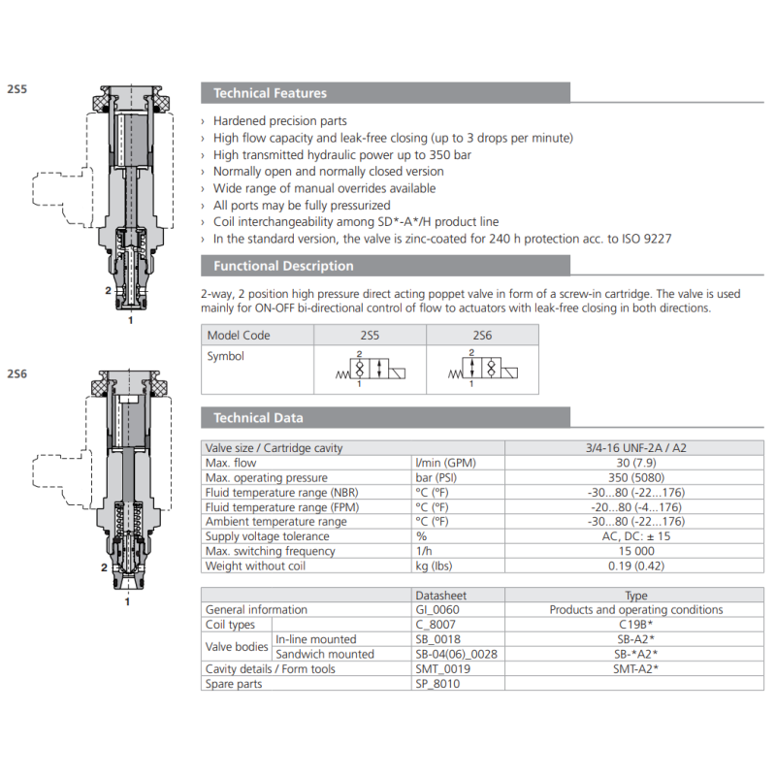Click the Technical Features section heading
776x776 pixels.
coord(270,93)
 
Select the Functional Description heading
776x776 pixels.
coord(283,266)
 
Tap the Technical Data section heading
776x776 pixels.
coord(258,417)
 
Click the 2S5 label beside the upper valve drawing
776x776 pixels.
coord(17,88)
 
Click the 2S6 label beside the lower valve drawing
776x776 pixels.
coord(17,373)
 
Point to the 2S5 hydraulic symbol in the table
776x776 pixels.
coord(369,369)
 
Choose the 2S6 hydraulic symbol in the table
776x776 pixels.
coord(482,369)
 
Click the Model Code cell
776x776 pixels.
coord(239,336)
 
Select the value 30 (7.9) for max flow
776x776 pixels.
coord(636,463)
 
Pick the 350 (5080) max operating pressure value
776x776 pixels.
coord(636,477)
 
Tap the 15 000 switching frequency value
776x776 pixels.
coord(636,551)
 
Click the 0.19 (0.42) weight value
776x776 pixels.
coord(636,566)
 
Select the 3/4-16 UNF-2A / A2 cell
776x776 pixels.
coord(636,448)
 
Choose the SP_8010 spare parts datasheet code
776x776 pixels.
coord(437,684)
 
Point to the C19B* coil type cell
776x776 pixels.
coord(636,625)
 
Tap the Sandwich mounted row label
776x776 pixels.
coord(325,654)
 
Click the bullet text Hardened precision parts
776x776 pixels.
coord(279,121)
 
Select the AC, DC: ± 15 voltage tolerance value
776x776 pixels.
coord(636,536)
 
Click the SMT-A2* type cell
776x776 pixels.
coord(636,668)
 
